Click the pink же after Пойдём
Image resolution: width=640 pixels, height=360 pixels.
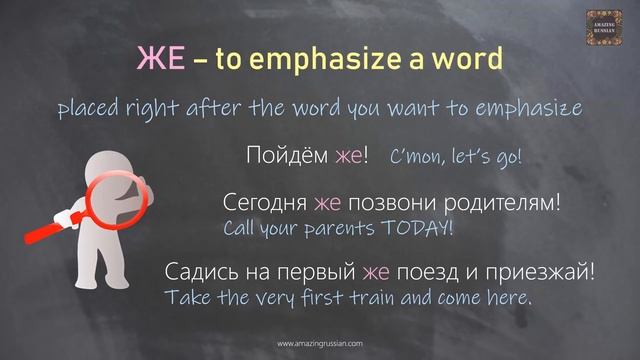click(x=348, y=156)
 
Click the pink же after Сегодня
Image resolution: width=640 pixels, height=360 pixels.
click(x=327, y=204)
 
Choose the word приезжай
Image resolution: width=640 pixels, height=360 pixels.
click(x=544, y=271)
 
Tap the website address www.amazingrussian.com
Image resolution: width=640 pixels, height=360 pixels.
click(x=320, y=343)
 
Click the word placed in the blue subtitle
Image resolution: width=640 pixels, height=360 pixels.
click(x=89, y=107)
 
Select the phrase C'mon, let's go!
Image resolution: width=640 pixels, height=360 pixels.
click(x=456, y=157)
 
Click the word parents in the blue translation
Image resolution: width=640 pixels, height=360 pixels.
click(x=330, y=229)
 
